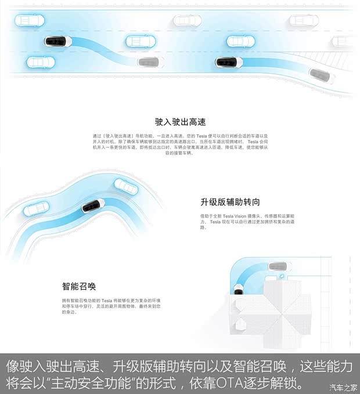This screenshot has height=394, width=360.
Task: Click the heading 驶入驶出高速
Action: point(180,122)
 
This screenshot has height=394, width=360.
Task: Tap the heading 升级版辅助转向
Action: point(229,202)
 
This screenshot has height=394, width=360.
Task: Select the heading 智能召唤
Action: point(79,287)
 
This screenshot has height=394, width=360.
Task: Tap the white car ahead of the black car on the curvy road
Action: point(125,186)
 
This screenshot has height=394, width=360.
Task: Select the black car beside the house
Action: point(238,289)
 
